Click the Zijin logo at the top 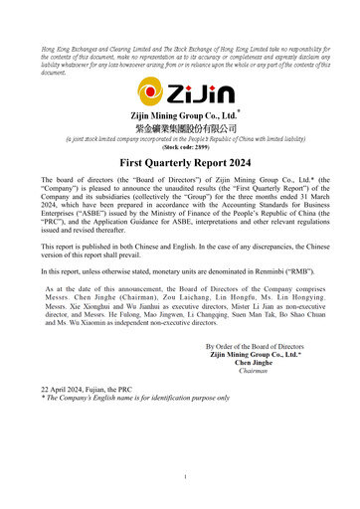pyautogui.click(x=180, y=97)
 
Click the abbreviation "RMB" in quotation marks pyautogui.click(x=294, y=269)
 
